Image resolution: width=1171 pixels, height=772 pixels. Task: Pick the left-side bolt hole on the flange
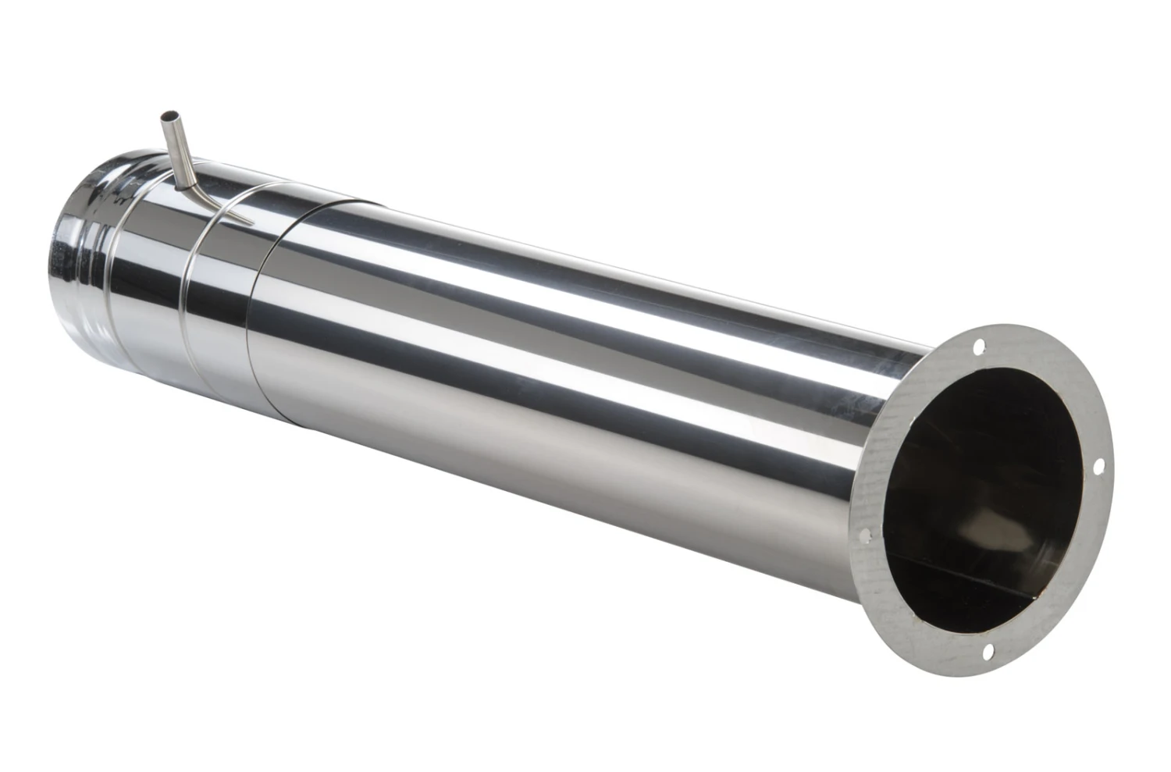(864, 535)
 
